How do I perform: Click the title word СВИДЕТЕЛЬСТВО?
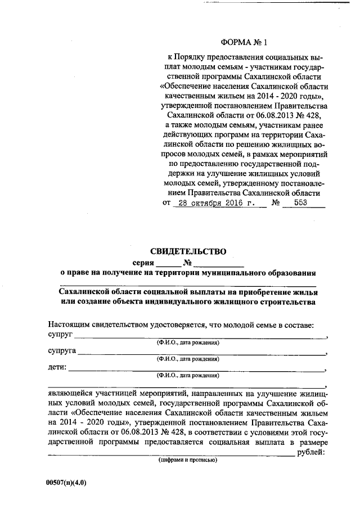pyautogui.click(x=188, y=251)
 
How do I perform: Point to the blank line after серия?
pyautogui.click(x=169, y=264)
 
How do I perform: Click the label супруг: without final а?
pyautogui.click(x=60, y=336)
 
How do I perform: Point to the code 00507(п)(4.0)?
pyautogui.click(x=67, y=483)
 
